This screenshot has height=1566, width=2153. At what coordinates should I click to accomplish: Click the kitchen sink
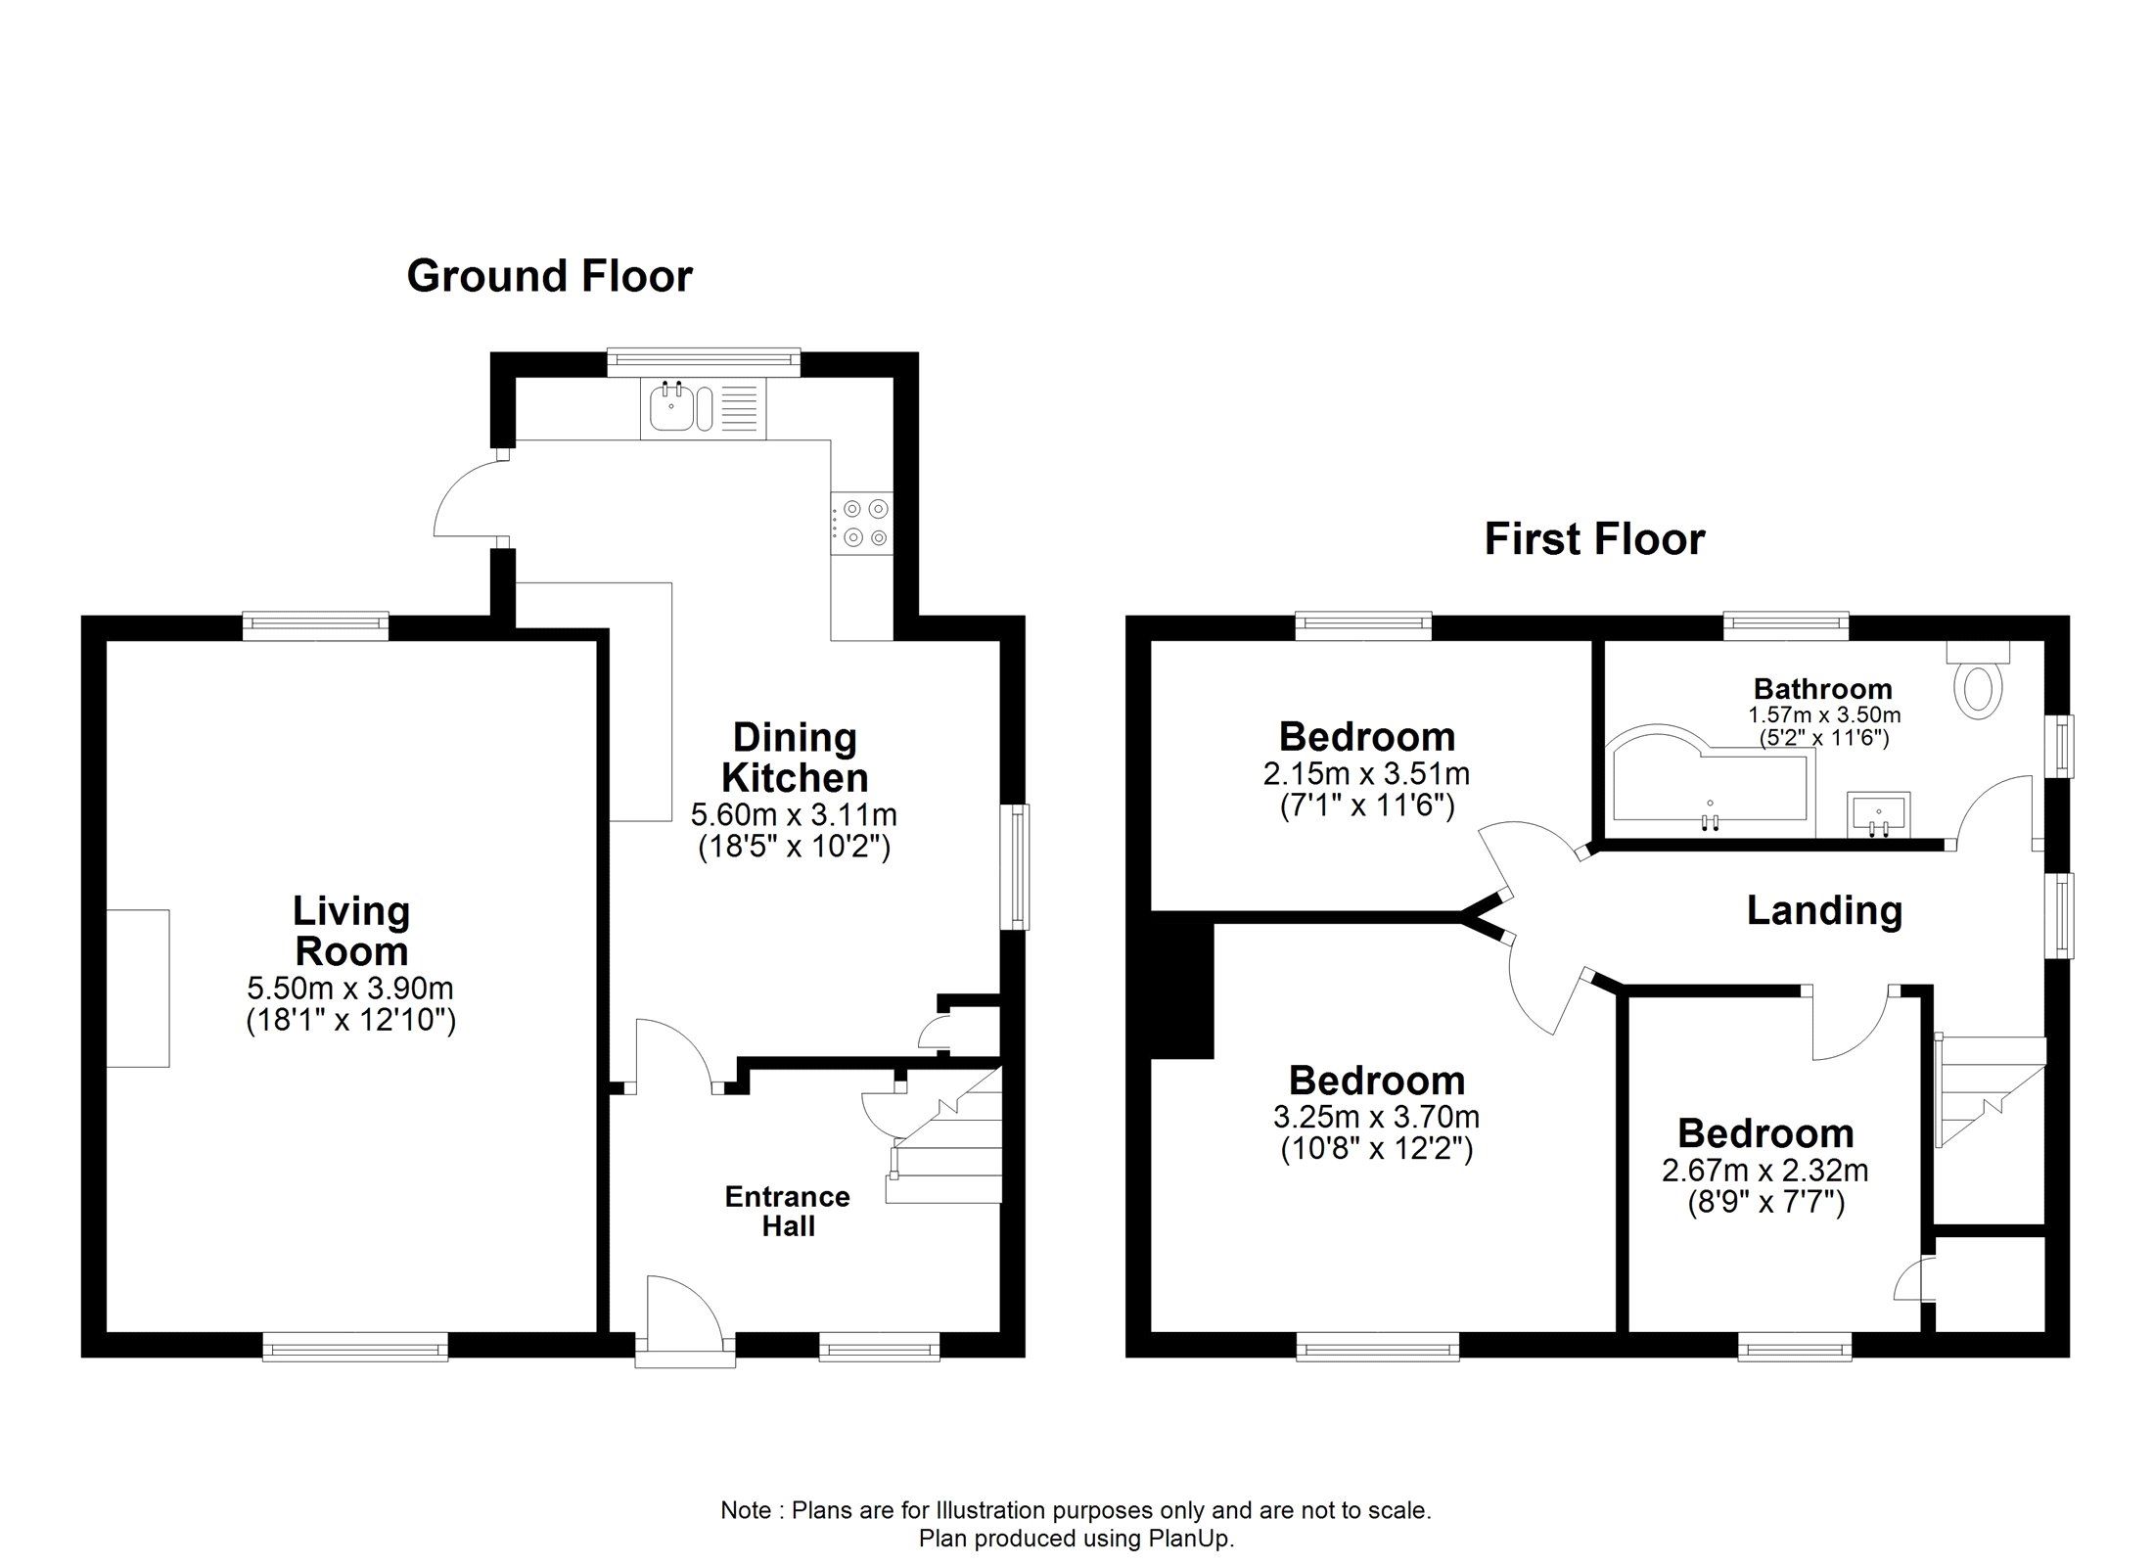(x=704, y=408)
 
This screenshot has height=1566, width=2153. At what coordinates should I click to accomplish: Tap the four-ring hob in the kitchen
(x=862, y=522)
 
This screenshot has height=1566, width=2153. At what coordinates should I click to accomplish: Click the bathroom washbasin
(x=1879, y=815)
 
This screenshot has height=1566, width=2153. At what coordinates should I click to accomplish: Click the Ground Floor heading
(x=550, y=276)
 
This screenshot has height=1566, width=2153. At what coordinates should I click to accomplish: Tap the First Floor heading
(x=1595, y=539)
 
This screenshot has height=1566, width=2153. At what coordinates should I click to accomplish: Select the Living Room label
(x=351, y=931)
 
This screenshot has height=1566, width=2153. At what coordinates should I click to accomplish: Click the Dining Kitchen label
(x=795, y=758)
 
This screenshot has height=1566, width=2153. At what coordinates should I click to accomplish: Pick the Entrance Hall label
(x=788, y=1211)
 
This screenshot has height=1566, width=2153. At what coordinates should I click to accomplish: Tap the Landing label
(x=1825, y=911)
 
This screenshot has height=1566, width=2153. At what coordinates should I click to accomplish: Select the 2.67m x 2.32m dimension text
(x=1765, y=1170)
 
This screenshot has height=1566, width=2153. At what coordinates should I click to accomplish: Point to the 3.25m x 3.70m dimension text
(x=1376, y=1116)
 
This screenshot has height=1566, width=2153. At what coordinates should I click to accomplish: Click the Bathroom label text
(x=1822, y=689)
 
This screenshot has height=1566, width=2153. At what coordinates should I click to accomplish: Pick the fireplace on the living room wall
(x=138, y=988)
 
